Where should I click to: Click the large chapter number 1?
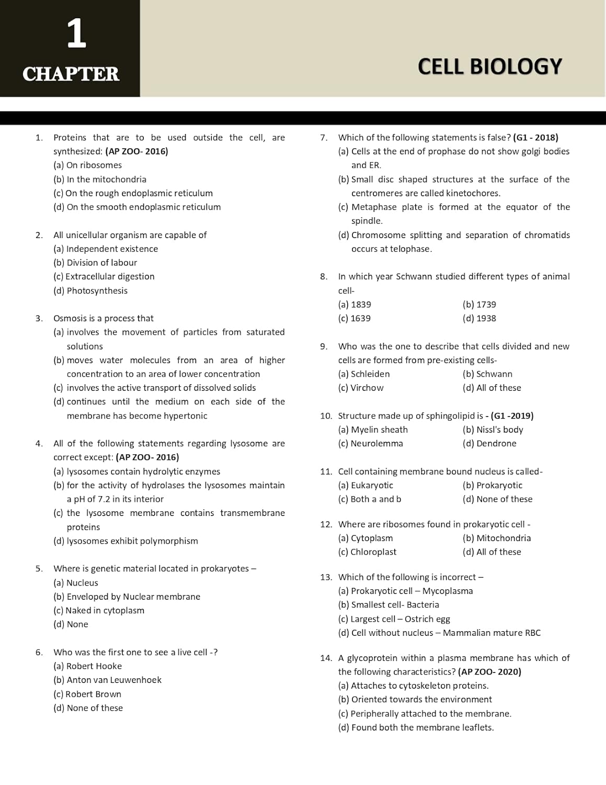pyautogui.click(x=76, y=34)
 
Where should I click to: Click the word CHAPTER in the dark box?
pyautogui.click(x=71, y=74)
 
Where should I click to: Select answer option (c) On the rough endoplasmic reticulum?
pyautogui.click(x=133, y=193)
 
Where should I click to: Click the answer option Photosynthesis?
pyautogui.click(x=97, y=290)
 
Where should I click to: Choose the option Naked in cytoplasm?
pyautogui.click(x=105, y=610)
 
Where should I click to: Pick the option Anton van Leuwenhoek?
pyautogui.click(x=114, y=680)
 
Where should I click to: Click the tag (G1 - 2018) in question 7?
pyautogui.click(x=535, y=138)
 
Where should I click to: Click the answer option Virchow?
pyautogui.click(x=367, y=388)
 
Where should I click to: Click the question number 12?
pyautogui.click(x=326, y=524)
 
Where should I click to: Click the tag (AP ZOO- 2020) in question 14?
pyautogui.click(x=489, y=672)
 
